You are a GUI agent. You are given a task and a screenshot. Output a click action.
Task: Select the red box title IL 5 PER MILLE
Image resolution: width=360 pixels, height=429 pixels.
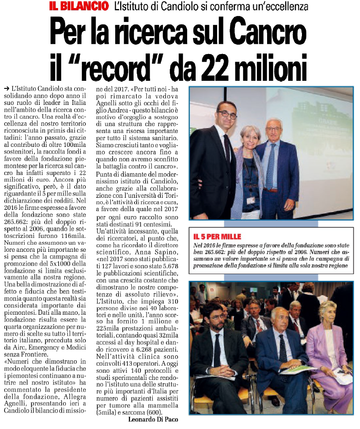[217, 237]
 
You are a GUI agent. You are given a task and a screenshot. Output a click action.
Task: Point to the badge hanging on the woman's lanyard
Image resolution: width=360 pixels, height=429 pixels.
[251, 200]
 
